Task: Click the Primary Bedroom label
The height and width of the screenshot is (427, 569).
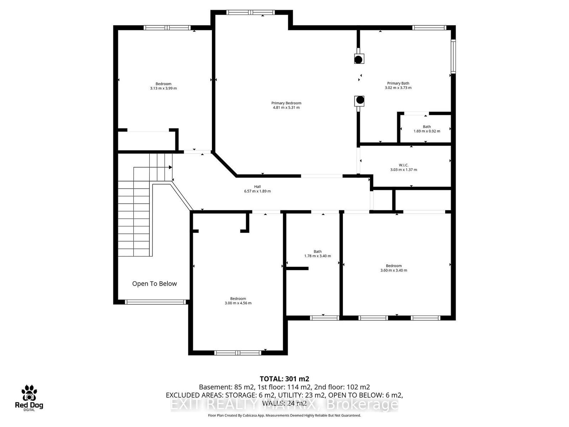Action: (286, 103)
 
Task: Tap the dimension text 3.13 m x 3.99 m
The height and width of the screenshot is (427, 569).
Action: (163, 88)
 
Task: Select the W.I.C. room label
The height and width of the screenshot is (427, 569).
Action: (403, 165)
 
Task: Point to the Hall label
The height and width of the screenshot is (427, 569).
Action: (257, 186)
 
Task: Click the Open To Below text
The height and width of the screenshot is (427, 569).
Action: (154, 284)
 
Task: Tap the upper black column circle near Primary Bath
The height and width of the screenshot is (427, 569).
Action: (359, 59)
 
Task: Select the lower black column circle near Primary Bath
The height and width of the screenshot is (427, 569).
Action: (360, 100)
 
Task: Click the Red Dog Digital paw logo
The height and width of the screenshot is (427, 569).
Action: (29, 393)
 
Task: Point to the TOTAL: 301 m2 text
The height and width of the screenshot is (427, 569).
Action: (284, 379)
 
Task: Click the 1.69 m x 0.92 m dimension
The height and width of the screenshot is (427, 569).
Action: (426, 131)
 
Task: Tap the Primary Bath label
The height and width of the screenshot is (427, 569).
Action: (398, 83)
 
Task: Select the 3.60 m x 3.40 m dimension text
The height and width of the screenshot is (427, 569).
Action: (394, 270)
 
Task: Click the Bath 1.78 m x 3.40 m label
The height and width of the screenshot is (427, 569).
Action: (317, 252)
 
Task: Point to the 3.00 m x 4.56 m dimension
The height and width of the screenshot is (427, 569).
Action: (238, 303)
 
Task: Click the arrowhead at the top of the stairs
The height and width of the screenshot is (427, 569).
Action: (170, 167)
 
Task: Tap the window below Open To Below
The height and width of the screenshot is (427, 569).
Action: (155, 302)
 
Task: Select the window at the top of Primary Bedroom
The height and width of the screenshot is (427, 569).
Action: (251, 12)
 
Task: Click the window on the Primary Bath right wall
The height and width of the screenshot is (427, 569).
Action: (453, 56)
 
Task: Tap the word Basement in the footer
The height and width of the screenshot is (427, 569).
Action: (215, 387)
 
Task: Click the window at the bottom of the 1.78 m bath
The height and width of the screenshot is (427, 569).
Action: (324, 318)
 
